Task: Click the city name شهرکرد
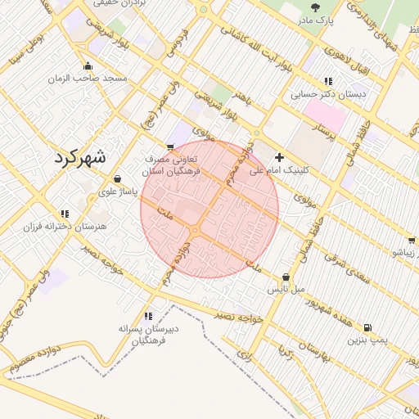(79, 158)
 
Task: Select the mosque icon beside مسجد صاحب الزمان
(88, 66)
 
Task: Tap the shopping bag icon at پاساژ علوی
(117, 178)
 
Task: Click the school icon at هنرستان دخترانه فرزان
(65, 214)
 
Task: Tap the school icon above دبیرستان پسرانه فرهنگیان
(148, 316)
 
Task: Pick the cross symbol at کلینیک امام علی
(280, 156)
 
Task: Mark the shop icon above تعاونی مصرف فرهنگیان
(170, 146)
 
